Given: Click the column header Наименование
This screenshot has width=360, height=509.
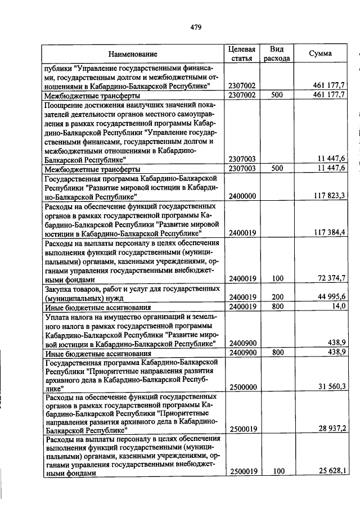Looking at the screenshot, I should [133, 54].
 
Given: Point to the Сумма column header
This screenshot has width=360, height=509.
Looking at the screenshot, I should [321, 53].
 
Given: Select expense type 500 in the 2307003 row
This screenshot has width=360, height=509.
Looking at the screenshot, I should [276, 168].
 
